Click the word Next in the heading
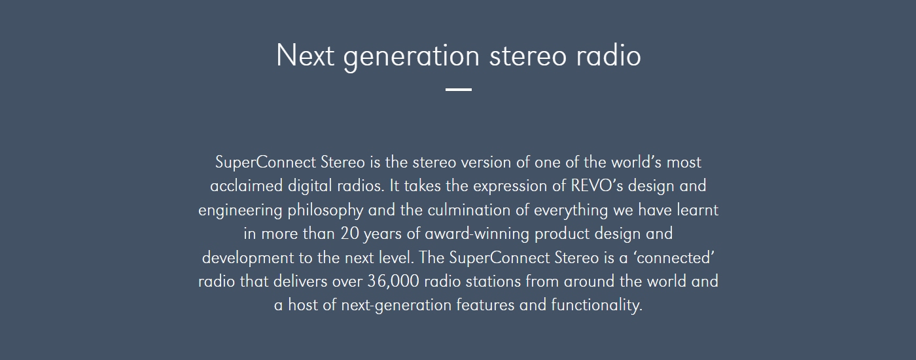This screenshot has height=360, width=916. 306,55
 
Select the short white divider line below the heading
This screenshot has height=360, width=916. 459,89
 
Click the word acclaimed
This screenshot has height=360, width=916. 246,186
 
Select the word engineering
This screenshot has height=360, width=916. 240,211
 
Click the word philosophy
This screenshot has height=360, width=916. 325,211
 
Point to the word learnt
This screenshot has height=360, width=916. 697,210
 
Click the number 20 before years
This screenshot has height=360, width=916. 349,234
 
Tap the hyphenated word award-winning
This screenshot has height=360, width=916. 477,234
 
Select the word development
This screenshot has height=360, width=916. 248,258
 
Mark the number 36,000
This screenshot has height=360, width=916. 393,281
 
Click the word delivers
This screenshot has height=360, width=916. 300,281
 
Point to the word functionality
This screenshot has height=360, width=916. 597,306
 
